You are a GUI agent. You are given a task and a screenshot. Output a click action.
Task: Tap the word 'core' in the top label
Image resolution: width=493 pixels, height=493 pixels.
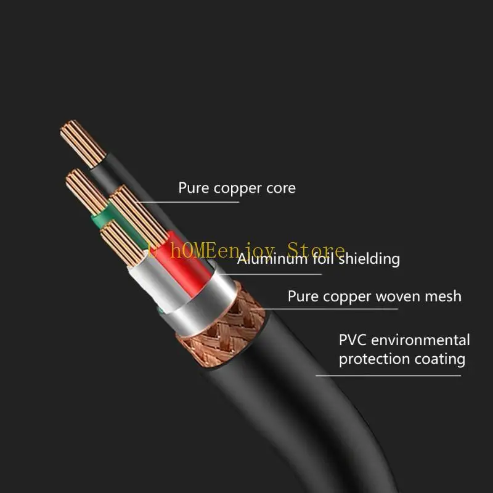coord(281,188)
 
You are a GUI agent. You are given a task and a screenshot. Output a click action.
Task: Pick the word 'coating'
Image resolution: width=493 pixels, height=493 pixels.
coord(439,359)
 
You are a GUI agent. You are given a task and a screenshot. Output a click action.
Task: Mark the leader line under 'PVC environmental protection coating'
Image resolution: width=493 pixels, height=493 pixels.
coord(388,375)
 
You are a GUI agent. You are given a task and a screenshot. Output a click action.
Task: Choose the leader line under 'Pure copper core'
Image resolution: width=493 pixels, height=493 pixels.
coord(203,202)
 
